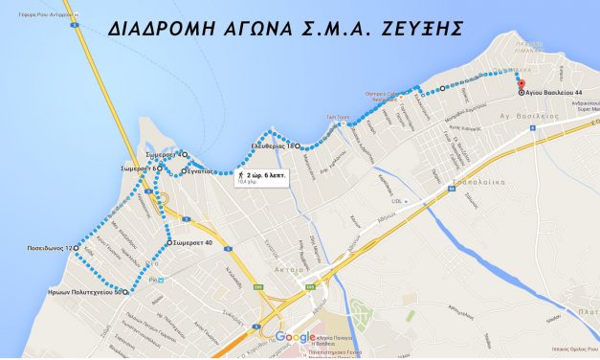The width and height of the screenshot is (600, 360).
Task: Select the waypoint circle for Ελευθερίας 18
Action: point(298,146)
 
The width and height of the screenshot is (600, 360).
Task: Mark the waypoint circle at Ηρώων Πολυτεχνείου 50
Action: point(124,290)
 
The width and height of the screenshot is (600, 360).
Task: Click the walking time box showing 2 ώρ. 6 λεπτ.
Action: point(261,177)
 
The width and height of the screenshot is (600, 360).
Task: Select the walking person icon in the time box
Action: point(241,176)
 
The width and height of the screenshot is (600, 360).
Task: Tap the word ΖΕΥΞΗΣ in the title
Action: point(415,29)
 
